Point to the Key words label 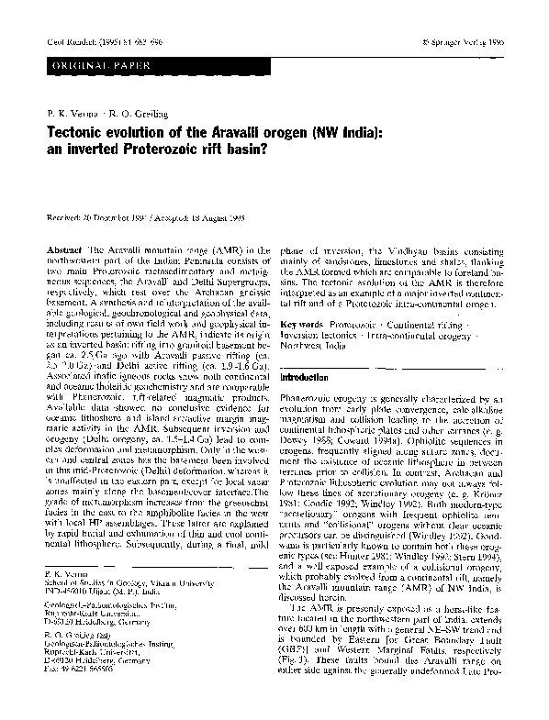point(302,325)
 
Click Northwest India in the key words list point(318,348)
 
